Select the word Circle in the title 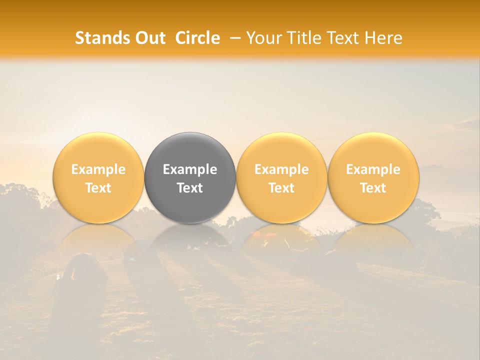click(x=197, y=38)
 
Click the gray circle click(x=190, y=177)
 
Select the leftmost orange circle click(x=98, y=177)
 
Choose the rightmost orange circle click(x=373, y=177)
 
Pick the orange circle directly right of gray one click(x=281, y=177)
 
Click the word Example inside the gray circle click(x=190, y=169)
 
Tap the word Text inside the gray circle click(x=190, y=188)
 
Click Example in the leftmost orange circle click(x=98, y=169)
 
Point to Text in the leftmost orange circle click(x=98, y=188)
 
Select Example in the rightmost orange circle click(x=373, y=169)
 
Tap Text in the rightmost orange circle click(x=373, y=188)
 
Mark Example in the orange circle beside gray click(x=281, y=169)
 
